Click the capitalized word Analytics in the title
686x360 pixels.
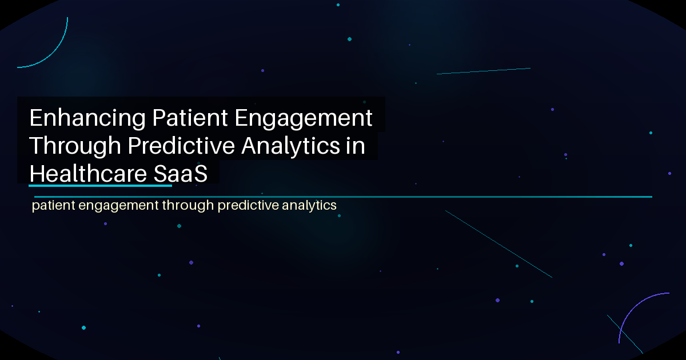290,146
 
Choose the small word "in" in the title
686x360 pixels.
356,146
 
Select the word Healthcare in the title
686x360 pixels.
88,174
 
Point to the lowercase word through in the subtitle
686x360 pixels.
188,206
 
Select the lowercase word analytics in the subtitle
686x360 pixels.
309,206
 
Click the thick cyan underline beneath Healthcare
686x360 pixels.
100,186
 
